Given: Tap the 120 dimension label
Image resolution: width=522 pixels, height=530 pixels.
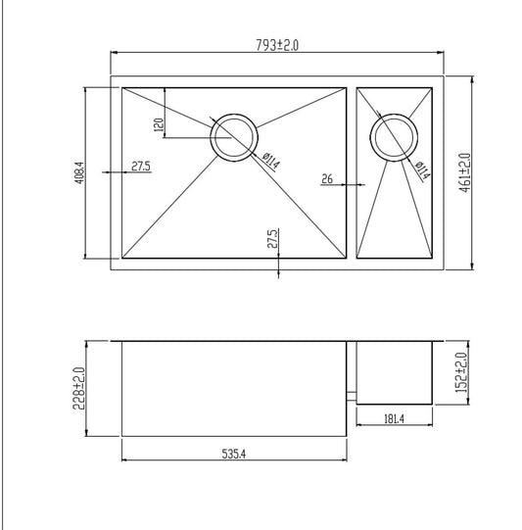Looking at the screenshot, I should tap(157, 124).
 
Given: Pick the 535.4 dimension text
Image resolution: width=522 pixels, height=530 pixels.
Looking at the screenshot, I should tap(235, 454).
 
